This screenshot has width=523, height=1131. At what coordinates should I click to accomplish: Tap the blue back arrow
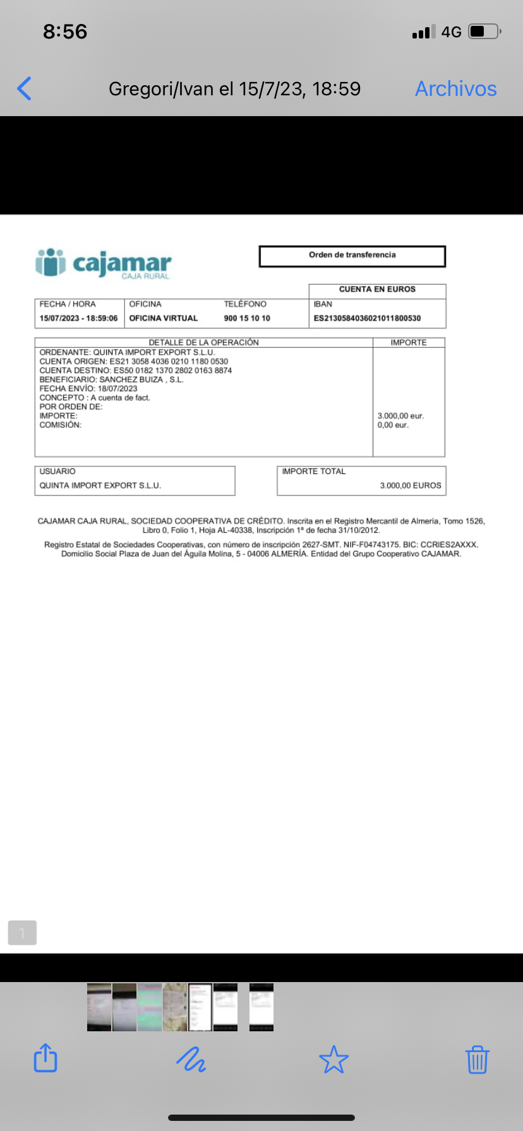[25, 89]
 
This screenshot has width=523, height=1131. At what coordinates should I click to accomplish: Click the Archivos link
[455, 89]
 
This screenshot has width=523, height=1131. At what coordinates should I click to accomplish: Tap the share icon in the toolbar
[45, 1058]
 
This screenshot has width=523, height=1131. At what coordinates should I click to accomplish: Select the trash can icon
[477, 1059]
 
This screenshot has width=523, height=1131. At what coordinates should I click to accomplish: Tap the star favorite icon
[334, 1059]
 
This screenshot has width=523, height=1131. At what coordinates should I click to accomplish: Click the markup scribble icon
[191, 1059]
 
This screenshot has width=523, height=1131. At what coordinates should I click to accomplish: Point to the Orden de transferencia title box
[352, 256]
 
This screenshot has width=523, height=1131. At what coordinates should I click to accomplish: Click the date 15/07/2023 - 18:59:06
[78, 318]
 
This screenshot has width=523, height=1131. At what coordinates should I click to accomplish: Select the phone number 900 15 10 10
[247, 318]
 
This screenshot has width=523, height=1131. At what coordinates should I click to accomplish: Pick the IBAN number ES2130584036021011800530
[367, 318]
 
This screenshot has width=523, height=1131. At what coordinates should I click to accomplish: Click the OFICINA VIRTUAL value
[164, 318]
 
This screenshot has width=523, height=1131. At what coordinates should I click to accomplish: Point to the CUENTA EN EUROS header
[377, 289]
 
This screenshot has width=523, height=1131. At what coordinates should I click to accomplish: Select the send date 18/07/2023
[117, 388]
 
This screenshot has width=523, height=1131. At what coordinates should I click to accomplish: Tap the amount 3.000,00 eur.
[400, 416]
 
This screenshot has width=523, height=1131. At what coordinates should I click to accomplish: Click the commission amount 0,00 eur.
[393, 425]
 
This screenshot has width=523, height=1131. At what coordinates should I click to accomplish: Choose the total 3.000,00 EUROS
[410, 485]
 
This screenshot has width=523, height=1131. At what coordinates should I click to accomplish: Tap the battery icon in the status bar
[484, 32]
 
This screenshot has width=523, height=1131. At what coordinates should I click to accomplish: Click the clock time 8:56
[65, 32]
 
